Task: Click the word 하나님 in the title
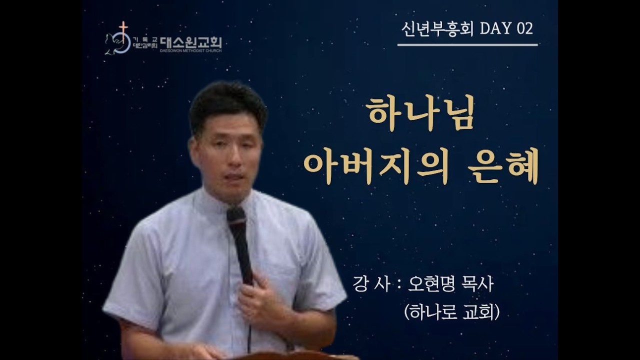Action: (x=420, y=114)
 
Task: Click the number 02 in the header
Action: (x=524, y=29)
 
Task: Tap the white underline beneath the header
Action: (x=467, y=45)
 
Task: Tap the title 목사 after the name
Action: (x=478, y=285)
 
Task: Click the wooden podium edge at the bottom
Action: (x=300, y=356)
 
